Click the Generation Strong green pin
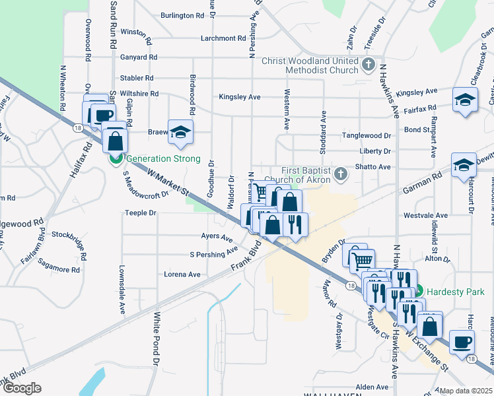coord(115,159)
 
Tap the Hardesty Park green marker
coord(419,292)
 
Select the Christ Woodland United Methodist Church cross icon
coord(369,65)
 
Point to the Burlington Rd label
coord(182,15)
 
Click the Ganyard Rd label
coord(139,57)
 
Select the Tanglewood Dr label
coord(366,135)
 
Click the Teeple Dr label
coord(141,213)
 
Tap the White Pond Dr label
coord(157,339)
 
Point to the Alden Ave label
coord(372,387)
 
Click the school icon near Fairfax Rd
coord(465,100)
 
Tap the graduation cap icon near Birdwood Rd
coord(180,131)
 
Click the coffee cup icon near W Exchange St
coord(461,341)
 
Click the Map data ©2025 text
coord(466,391)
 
